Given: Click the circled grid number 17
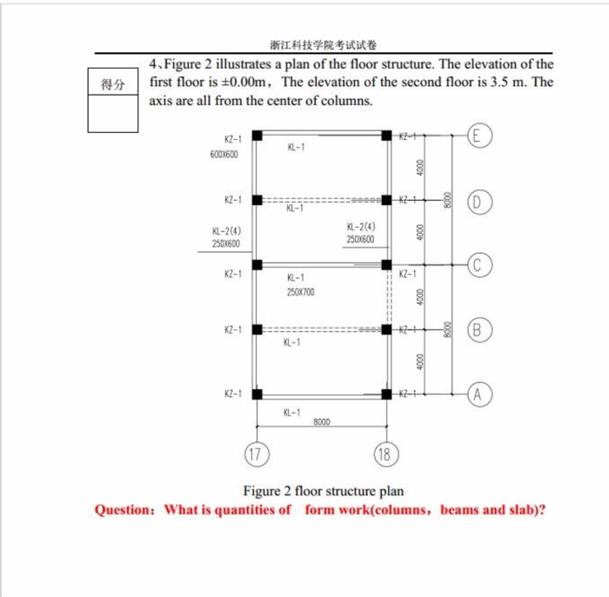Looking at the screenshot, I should (254, 453).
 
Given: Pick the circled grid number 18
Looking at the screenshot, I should (384, 453).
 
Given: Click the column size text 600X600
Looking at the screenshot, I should (224, 153).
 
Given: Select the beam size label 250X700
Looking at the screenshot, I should (300, 293).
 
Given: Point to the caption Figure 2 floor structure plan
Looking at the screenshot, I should (323, 491).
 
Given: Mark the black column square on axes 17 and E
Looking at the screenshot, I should (258, 135).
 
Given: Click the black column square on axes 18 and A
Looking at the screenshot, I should (386, 394).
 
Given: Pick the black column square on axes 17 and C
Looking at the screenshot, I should (258, 264).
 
